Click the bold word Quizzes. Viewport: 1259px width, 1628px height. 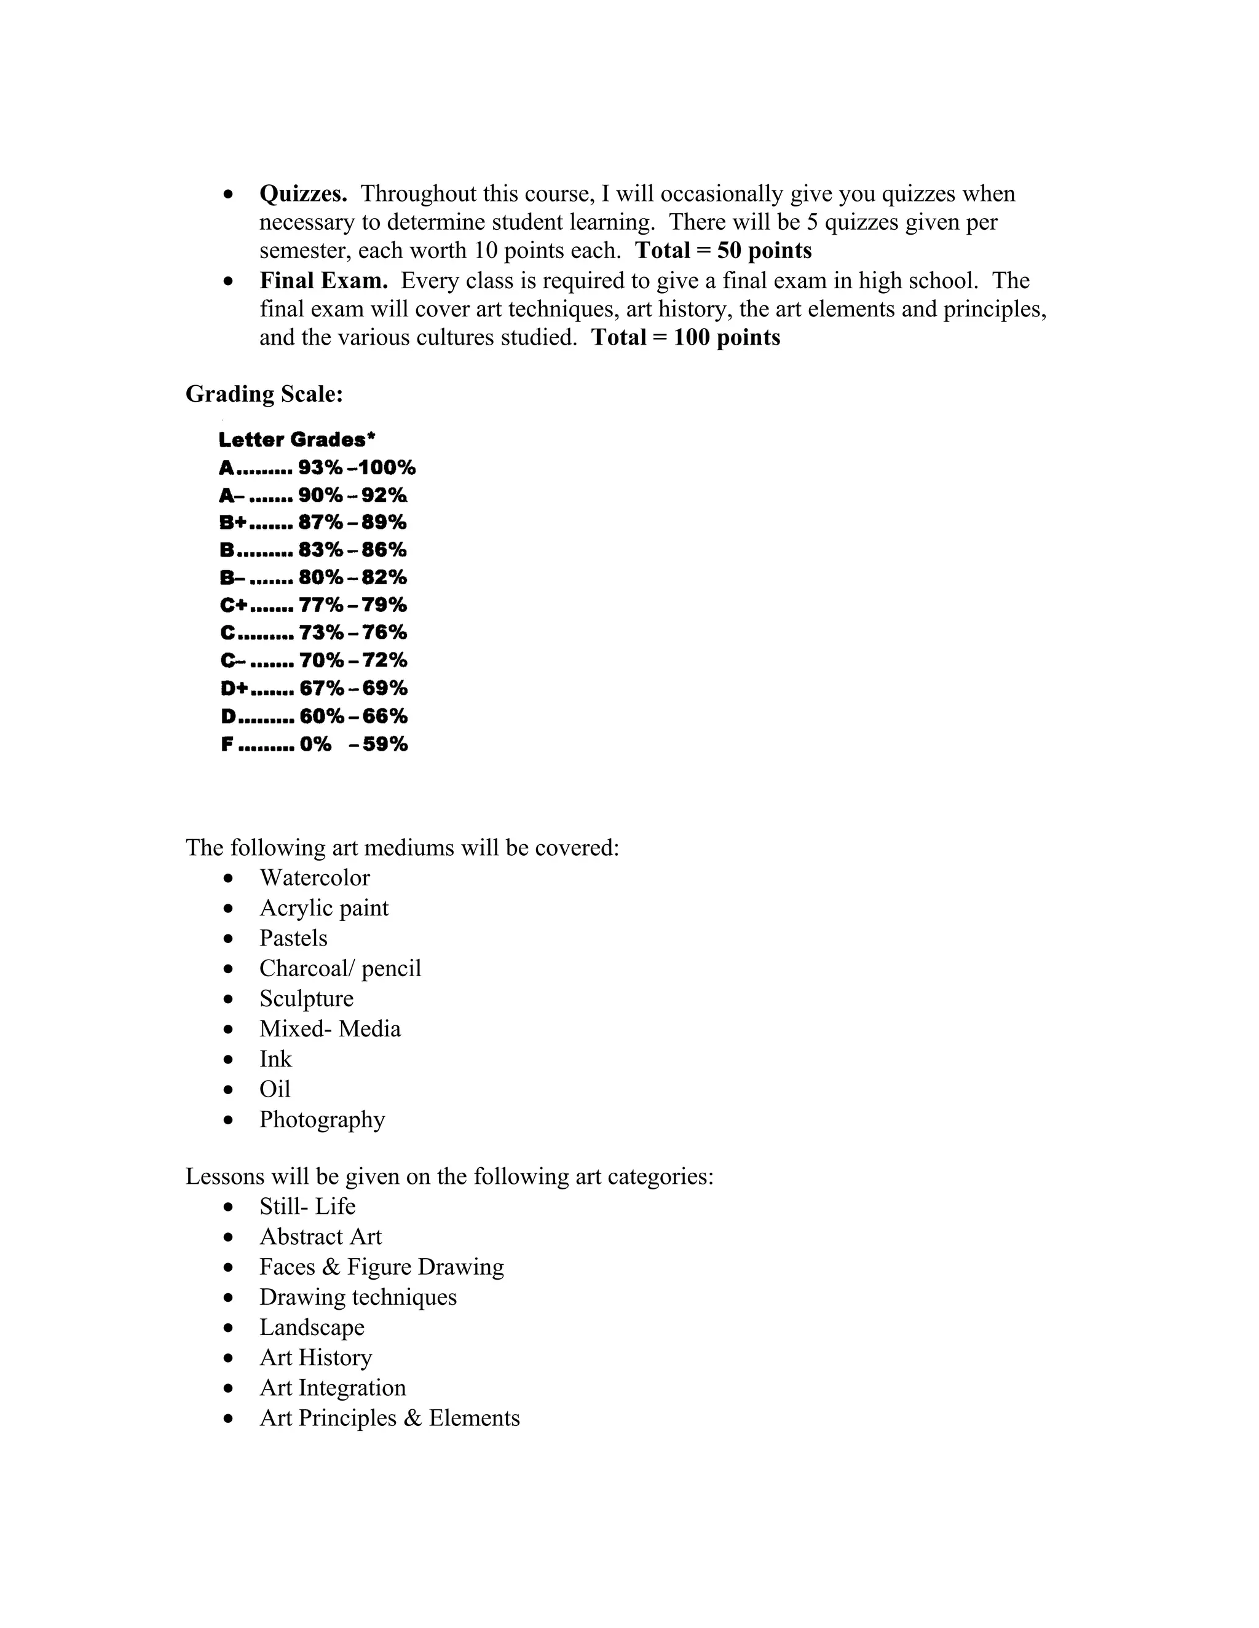(303, 194)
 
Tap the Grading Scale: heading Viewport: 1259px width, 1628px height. (264, 394)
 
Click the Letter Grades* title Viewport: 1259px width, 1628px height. (297, 440)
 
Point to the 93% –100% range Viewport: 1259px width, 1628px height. (357, 468)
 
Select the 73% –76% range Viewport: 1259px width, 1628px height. (353, 633)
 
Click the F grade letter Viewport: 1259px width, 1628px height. (227, 744)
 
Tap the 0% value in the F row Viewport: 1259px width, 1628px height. (315, 744)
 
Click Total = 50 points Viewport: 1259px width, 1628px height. (723, 251)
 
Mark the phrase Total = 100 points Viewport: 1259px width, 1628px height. (685, 338)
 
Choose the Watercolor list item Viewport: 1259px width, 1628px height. (314, 878)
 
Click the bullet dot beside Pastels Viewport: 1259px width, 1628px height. (228, 939)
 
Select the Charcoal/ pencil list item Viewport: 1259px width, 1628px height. (340, 968)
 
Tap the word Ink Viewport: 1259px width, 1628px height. (275, 1059)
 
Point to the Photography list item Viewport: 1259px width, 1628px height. (322, 1119)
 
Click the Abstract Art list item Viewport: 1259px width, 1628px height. (320, 1237)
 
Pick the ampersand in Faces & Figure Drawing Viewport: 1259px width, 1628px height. (331, 1267)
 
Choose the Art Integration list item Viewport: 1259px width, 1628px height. (333, 1388)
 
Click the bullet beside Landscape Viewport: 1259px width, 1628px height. (228, 1328)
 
